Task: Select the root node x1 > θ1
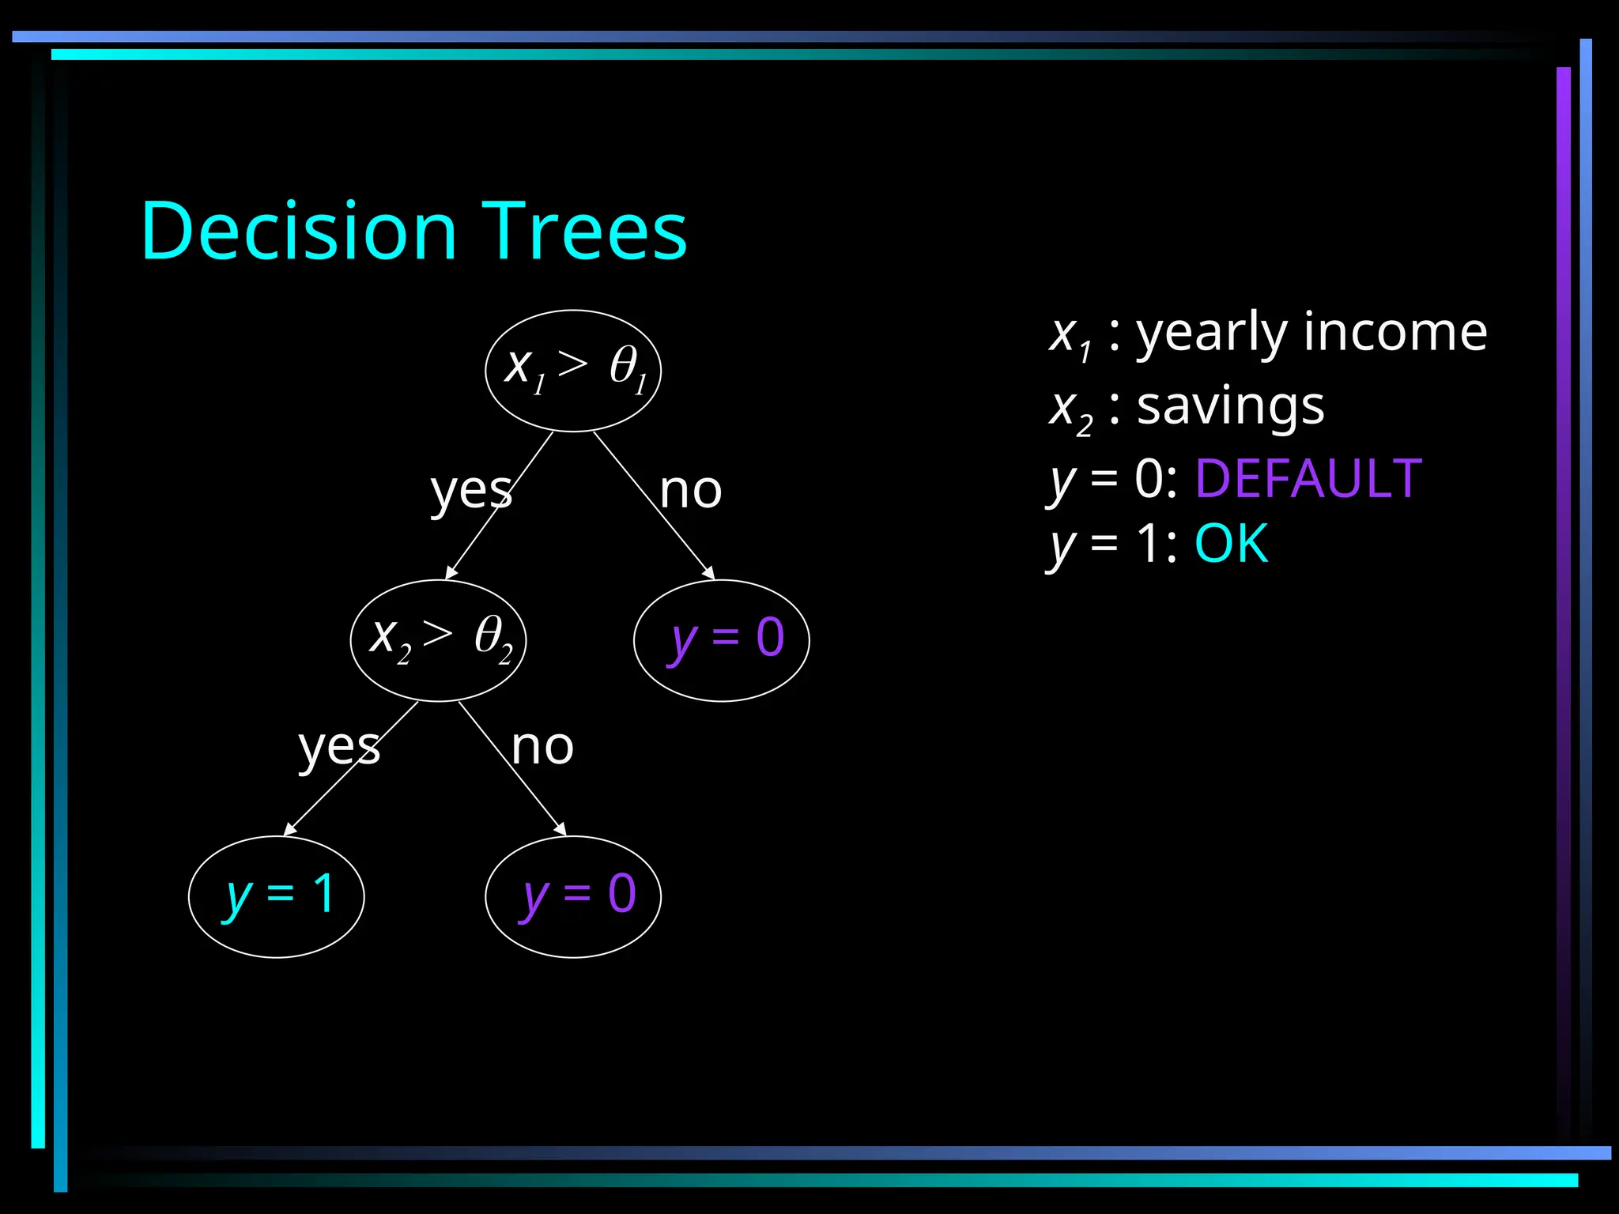573,370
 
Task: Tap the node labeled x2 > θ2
438,640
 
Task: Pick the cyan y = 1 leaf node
276,896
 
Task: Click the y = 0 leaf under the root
721,640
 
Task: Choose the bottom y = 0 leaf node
573,896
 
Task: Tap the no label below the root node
690,490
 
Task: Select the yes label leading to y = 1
339,748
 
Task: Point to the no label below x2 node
542,746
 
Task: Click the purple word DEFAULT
1308,479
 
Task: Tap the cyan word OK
1231,544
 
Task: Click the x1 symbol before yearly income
1070,337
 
